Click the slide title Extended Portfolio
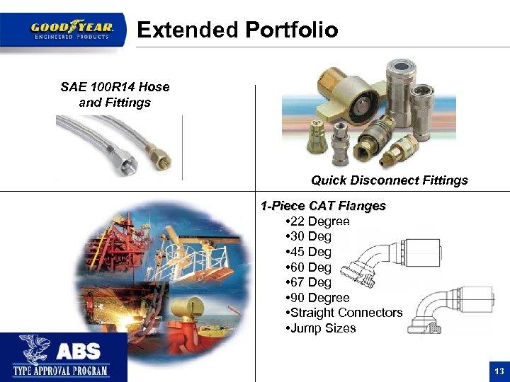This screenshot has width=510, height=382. click(237, 30)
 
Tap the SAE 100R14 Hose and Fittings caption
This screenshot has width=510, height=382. click(115, 95)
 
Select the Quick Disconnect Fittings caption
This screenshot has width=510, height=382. click(389, 180)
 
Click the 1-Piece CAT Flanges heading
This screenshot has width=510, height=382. click(323, 206)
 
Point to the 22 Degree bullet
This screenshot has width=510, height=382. click(316, 221)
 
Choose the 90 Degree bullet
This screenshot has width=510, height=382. click(316, 298)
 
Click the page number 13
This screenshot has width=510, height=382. click(499, 371)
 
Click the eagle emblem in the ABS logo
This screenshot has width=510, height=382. click(33, 350)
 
